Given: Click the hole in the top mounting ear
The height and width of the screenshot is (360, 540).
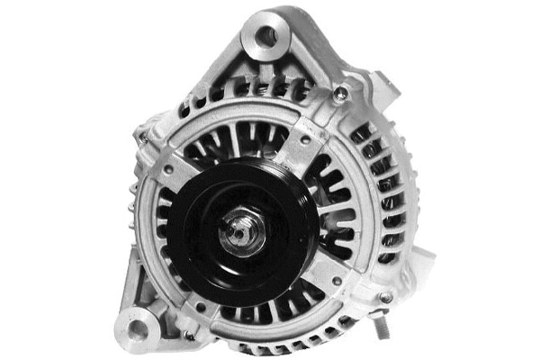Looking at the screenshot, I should (x=267, y=36).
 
